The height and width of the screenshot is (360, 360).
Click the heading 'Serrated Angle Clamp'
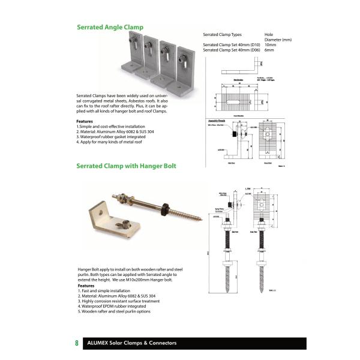110,27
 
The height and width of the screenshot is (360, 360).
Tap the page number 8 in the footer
77,343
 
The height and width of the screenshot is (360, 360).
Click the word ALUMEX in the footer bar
99,343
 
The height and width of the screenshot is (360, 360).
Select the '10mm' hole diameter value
271,45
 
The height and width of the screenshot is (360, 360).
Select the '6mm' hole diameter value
269,50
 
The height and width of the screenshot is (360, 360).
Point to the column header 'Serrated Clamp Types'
223,35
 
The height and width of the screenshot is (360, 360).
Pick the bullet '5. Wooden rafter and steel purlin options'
114,311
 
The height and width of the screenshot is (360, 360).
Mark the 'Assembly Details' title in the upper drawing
215,120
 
